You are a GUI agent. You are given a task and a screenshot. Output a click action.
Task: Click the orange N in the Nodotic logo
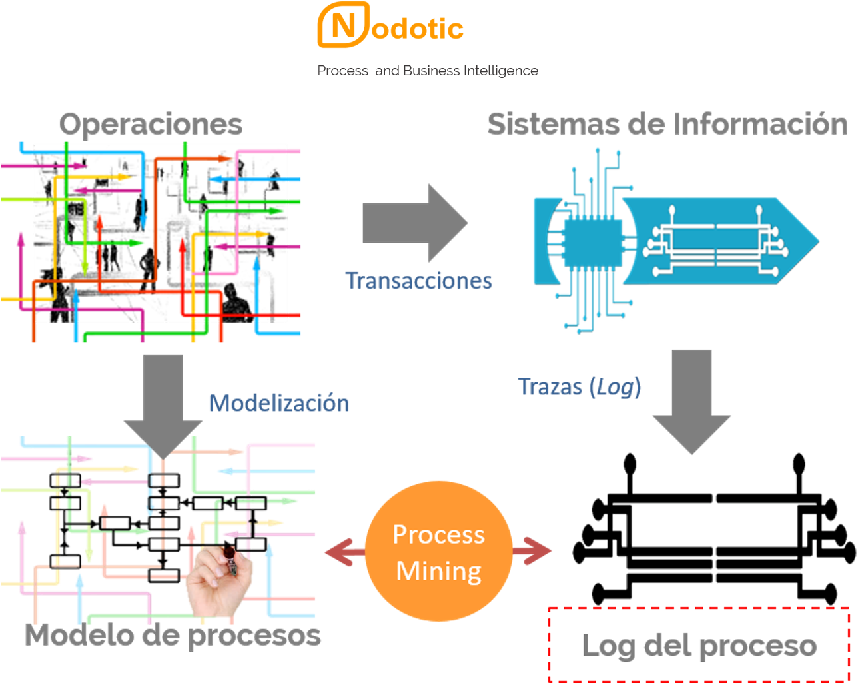coord(342,27)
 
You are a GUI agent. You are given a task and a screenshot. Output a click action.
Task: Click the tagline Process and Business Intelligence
coord(428,71)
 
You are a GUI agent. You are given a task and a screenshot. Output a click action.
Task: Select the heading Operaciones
coord(151,124)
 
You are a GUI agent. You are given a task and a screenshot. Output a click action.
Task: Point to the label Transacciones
coord(418,281)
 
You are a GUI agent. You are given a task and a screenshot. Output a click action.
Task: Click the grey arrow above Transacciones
coord(414,223)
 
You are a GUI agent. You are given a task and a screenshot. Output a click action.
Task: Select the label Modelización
coord(278,403)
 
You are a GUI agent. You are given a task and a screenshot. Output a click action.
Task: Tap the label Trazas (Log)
coord(580,387)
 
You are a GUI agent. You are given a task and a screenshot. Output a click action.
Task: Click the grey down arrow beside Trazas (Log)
coord(691,400)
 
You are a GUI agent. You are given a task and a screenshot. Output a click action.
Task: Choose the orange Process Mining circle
coord(439,552)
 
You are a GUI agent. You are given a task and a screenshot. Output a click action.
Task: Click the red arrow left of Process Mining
coord(344,552)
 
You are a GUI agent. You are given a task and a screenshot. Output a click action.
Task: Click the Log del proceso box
coord(699,644)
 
